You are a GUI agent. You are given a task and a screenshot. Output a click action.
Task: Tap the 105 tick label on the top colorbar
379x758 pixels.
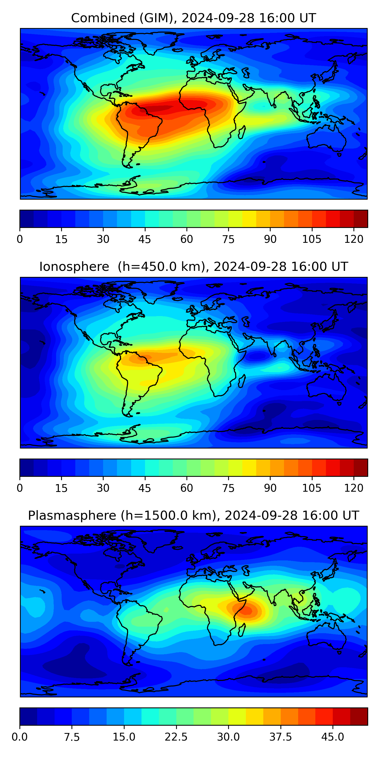pos(312,239)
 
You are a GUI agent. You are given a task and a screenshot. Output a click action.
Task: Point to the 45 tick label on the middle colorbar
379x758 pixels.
pos(145,488)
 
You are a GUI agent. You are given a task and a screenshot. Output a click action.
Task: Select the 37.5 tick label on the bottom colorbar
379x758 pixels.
pos(280,737)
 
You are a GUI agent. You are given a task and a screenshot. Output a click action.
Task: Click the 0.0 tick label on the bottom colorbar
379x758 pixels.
pos(20,737)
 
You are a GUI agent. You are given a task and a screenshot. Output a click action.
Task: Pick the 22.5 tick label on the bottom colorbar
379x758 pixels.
pos(176,737)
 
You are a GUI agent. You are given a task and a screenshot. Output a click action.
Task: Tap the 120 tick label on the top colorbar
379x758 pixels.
pos(353,239)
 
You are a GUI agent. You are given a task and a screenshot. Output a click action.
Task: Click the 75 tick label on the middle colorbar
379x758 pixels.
pos(228,488)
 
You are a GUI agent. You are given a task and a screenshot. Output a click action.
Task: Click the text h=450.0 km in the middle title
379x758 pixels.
pos(161,267)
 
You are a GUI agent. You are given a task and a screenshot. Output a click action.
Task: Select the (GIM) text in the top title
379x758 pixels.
pos(157,18)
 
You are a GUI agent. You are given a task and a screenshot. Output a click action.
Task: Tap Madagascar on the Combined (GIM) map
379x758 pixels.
pos(242,132)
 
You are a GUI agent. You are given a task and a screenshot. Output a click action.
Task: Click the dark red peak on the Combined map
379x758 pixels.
pos(156,109)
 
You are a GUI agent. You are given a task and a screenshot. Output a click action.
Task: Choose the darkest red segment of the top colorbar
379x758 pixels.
pos(361,219)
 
